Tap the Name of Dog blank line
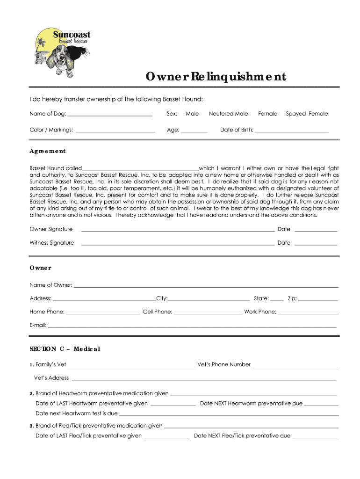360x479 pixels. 110,114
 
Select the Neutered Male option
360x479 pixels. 228,114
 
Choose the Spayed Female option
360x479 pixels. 307,114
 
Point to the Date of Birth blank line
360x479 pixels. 292,131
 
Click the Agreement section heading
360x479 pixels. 48,151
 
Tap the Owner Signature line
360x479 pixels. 178,230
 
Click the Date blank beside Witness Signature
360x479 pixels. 316,243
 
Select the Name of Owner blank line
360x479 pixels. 206,285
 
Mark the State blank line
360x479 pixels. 277,299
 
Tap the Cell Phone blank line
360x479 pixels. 208,312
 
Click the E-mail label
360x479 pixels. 37,325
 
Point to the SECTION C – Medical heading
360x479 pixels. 65,349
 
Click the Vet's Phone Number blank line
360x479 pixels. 295,365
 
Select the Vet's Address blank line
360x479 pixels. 203,378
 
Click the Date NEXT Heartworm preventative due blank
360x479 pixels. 321,404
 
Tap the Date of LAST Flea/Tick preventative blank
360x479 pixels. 167,436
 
